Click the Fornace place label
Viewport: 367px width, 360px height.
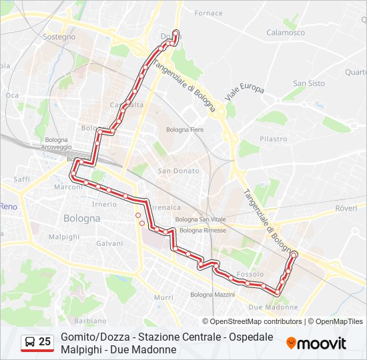208,13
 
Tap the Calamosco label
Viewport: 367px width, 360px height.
286,32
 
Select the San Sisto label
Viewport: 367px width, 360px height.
309,83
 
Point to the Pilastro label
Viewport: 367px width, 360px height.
274,139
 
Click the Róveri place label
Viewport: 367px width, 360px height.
346,209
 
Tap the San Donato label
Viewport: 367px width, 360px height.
178,171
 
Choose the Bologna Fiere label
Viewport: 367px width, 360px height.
185,129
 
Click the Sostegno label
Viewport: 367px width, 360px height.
59,37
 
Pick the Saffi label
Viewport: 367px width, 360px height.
22,179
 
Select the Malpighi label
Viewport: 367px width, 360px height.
64,237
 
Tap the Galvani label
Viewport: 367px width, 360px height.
109,243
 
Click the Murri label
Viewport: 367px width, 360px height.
163,297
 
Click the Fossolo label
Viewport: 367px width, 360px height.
250,274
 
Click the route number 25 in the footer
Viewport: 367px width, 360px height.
45,342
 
